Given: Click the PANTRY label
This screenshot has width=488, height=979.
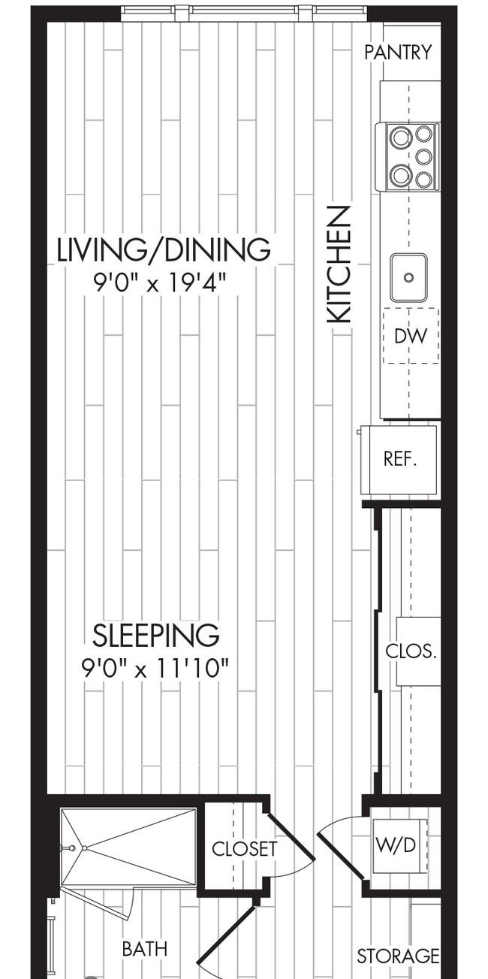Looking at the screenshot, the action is coord(398,52).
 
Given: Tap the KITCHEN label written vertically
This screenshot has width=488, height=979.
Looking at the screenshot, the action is coord(340,265).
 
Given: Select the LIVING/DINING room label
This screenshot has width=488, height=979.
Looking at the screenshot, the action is coord(164,249).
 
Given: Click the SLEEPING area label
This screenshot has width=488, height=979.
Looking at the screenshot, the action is coord(155,636).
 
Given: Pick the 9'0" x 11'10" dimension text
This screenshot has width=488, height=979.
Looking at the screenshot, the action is coord(155,669).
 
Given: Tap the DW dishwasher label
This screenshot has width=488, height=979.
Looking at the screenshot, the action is coord(411,336).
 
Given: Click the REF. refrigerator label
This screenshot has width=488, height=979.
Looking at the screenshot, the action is coord(400,459).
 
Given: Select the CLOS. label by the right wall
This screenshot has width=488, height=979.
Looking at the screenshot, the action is coord(411,651).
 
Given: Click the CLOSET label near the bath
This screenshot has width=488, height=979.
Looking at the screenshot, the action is coord(244,849).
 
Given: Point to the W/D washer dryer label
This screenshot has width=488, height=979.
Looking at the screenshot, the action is coord(396,846).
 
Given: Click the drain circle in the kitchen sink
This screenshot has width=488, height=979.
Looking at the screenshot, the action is coord(408,277).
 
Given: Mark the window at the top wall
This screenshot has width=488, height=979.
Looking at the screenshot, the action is coord(244,12).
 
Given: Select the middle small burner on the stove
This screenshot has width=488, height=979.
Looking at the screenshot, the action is coord(423,156).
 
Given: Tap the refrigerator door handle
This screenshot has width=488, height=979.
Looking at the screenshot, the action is coord(359,432).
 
